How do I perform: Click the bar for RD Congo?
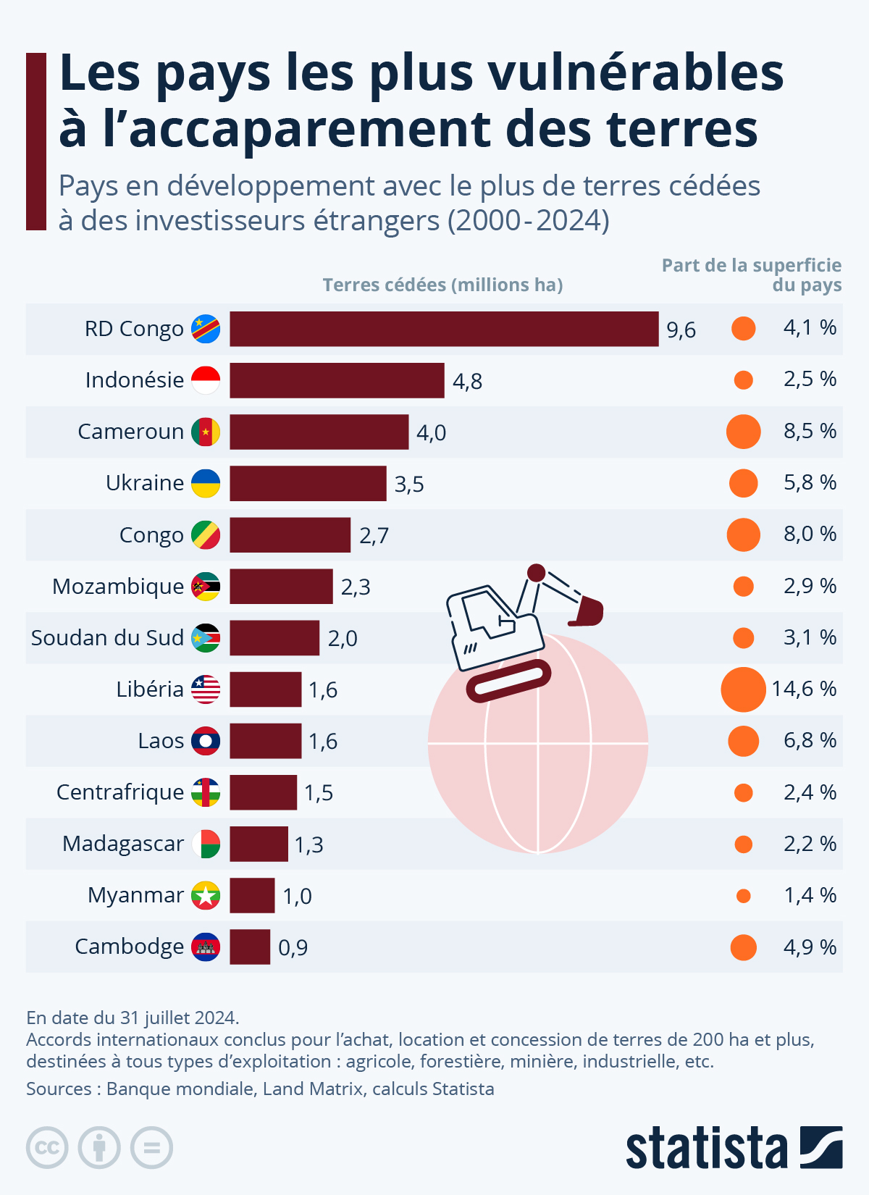pos(444,329)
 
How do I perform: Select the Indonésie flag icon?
pos(206,380)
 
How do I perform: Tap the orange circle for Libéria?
pos(743,689)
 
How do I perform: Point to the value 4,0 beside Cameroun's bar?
pos(431,432)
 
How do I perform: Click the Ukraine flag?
pos(206,483)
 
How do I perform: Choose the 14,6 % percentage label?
pos(804,689)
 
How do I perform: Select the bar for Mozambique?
pos(281,587)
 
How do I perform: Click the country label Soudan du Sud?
pos(107,638)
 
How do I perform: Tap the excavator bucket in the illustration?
pos(587,612)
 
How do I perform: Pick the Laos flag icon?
pos(206,741)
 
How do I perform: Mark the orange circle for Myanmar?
pos(743,896)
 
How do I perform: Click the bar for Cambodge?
pos(250,947)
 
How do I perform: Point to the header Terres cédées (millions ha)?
pos(442,285)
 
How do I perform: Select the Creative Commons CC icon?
pos(47,1148)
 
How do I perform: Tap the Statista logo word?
pos(706,1148)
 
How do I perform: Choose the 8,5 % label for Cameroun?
pos(810,432)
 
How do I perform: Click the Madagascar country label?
pos(123,844)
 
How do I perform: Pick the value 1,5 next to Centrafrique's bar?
pos(319,793)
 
